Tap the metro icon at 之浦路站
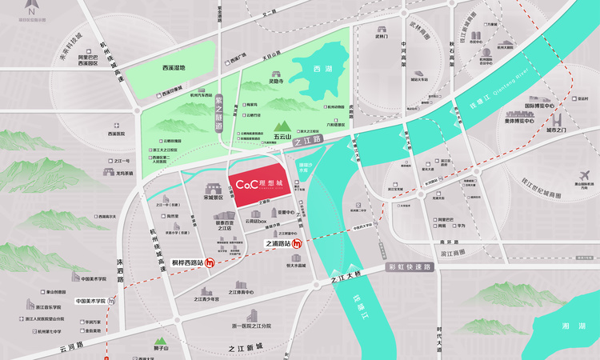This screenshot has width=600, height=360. click(297, 244)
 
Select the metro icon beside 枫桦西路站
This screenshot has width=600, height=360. click(210, 262)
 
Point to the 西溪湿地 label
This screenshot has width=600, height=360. click(173, 68)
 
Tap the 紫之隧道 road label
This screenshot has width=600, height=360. click(219, 114)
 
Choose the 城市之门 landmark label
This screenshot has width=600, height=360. click(558, 130)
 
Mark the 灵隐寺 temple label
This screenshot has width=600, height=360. click(277, 82)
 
